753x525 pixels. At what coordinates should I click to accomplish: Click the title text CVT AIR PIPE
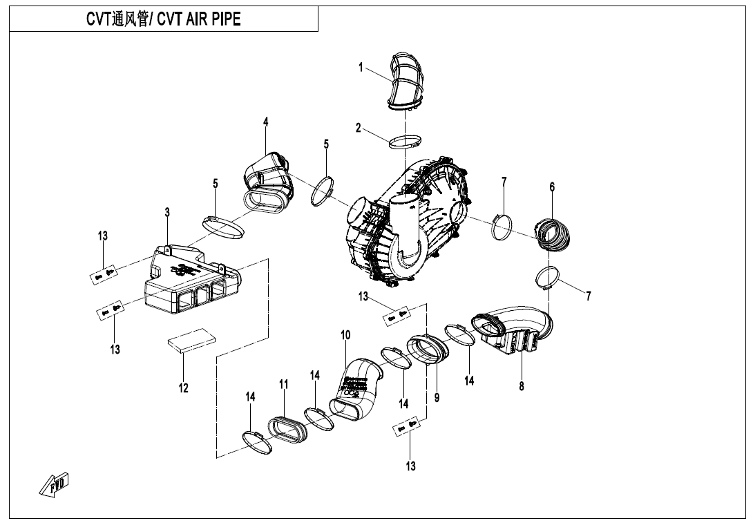163,19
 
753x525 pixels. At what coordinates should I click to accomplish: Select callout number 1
361,67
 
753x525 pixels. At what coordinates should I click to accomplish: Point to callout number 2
359,127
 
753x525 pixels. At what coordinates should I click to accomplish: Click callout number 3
167,212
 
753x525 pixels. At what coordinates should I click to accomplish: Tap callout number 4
266,122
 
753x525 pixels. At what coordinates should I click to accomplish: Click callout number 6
552,187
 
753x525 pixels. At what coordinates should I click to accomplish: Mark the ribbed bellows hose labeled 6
553,233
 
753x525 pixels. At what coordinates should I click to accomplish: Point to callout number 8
522,386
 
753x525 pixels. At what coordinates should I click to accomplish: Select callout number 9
437,398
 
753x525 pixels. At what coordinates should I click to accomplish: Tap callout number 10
345,335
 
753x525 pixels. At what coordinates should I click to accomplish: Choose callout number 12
184,388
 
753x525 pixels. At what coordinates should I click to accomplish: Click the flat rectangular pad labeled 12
191,341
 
